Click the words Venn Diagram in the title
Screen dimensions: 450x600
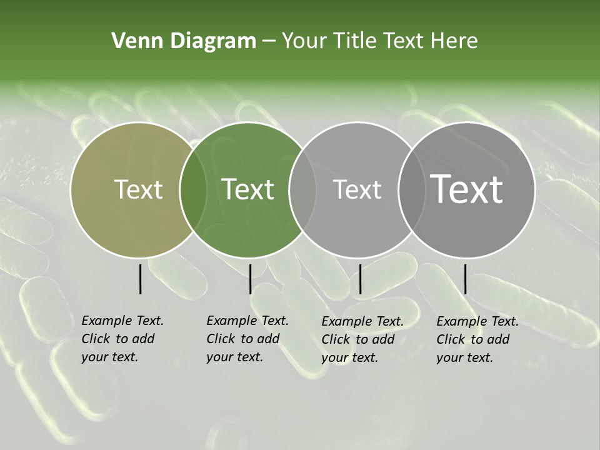tap(184, 41)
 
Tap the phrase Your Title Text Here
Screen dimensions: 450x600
tap(379, 41)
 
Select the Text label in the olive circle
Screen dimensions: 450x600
tap(138, 189)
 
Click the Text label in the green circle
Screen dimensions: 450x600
tap(248, 189)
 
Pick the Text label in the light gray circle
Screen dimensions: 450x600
tap(357, 189)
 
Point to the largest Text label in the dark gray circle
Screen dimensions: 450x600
tap(467, 189)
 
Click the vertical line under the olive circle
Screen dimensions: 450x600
tap(141, 279)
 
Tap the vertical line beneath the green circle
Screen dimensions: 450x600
tap(250, 279)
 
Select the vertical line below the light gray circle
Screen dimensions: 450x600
tap(360, 279)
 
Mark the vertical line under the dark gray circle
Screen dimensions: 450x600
tap(465, 279)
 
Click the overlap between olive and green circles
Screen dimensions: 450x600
tap(193, 189)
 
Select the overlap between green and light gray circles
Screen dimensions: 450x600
tap(302, 189)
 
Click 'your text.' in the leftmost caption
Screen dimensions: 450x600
tap(109, 357)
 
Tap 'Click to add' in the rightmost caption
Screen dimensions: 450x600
tap(473, 339)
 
